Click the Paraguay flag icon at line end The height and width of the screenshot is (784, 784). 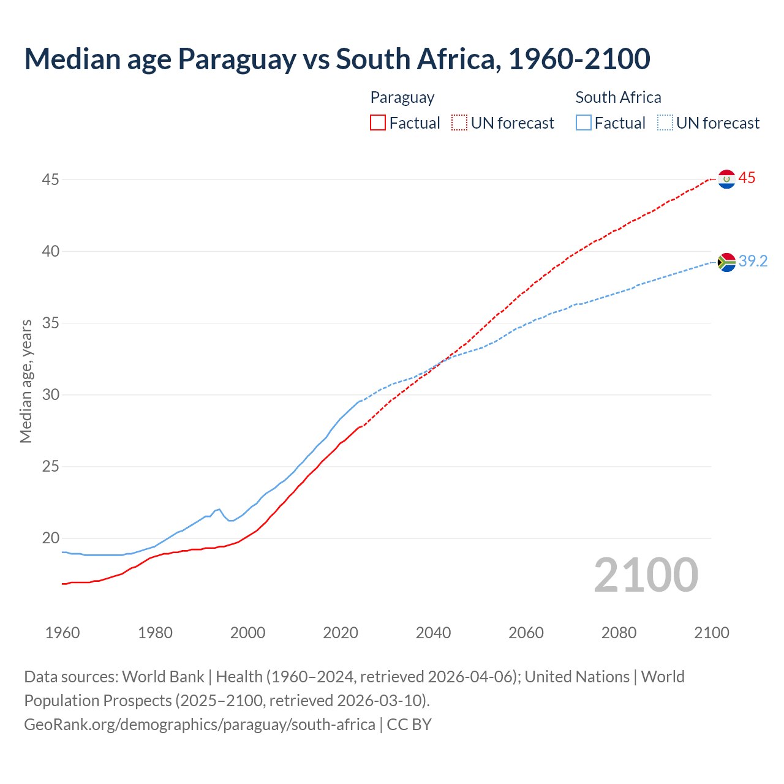point(726,179)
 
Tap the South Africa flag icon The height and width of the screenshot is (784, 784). point(726,262)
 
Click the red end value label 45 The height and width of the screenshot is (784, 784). point(747,178)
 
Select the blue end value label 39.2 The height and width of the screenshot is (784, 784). point(753,262)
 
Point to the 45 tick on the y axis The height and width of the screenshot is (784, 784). point(51,179)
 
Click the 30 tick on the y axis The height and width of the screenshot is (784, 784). point(51,394)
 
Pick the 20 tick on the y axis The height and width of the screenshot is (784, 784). point(51,538)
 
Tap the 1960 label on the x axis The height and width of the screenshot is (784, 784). point(62,633)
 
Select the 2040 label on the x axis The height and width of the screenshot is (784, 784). point(433,633)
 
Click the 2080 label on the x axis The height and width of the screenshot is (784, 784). point(619,633)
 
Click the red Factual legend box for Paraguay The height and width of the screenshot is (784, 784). point(378,123)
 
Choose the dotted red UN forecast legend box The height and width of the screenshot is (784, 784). point(459,123)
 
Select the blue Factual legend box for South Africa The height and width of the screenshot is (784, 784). point(584,123)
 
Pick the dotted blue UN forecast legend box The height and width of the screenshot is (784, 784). point(665,123)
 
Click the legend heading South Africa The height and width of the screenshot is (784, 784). point(618,97)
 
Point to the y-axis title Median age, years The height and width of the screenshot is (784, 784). point(26,381)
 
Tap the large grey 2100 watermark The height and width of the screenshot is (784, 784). point(646,575)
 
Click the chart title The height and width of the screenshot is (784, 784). point(337,59)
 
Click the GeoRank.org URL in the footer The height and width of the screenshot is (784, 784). point(200,725)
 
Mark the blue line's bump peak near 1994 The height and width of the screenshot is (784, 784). point(219,509)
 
